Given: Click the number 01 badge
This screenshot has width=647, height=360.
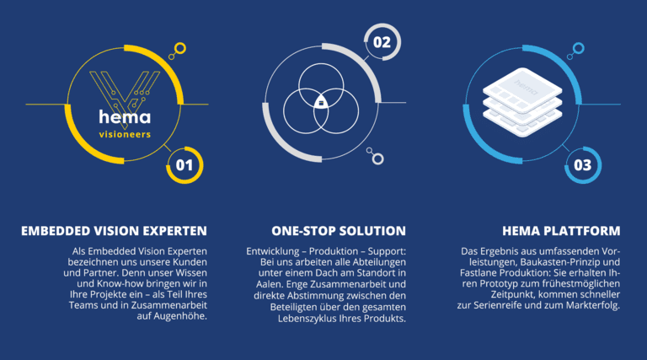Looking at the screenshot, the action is point(184,165).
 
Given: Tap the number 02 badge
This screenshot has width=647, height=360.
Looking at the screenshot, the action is point(382,41).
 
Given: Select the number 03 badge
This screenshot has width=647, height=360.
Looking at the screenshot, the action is point(583,165).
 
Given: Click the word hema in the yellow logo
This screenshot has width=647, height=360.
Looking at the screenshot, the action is point(125,117).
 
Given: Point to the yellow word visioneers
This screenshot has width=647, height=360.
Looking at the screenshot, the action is point(125,134).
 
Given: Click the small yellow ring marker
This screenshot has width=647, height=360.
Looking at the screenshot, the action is point(180,49).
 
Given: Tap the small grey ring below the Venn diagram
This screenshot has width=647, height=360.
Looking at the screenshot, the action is point(377,159).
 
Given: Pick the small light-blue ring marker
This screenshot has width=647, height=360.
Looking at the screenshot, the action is point(578,48).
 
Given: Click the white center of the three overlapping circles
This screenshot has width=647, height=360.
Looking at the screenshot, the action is point(321,102).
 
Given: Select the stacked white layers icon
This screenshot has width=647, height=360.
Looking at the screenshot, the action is point(522,102).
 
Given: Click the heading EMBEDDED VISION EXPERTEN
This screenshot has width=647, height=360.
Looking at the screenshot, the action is point(114,231).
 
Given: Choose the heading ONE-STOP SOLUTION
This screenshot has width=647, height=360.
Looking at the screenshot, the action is point(339,231).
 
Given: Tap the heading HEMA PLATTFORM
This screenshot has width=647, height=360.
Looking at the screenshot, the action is point(561,231).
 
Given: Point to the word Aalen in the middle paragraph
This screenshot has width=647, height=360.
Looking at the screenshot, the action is point(270,284).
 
